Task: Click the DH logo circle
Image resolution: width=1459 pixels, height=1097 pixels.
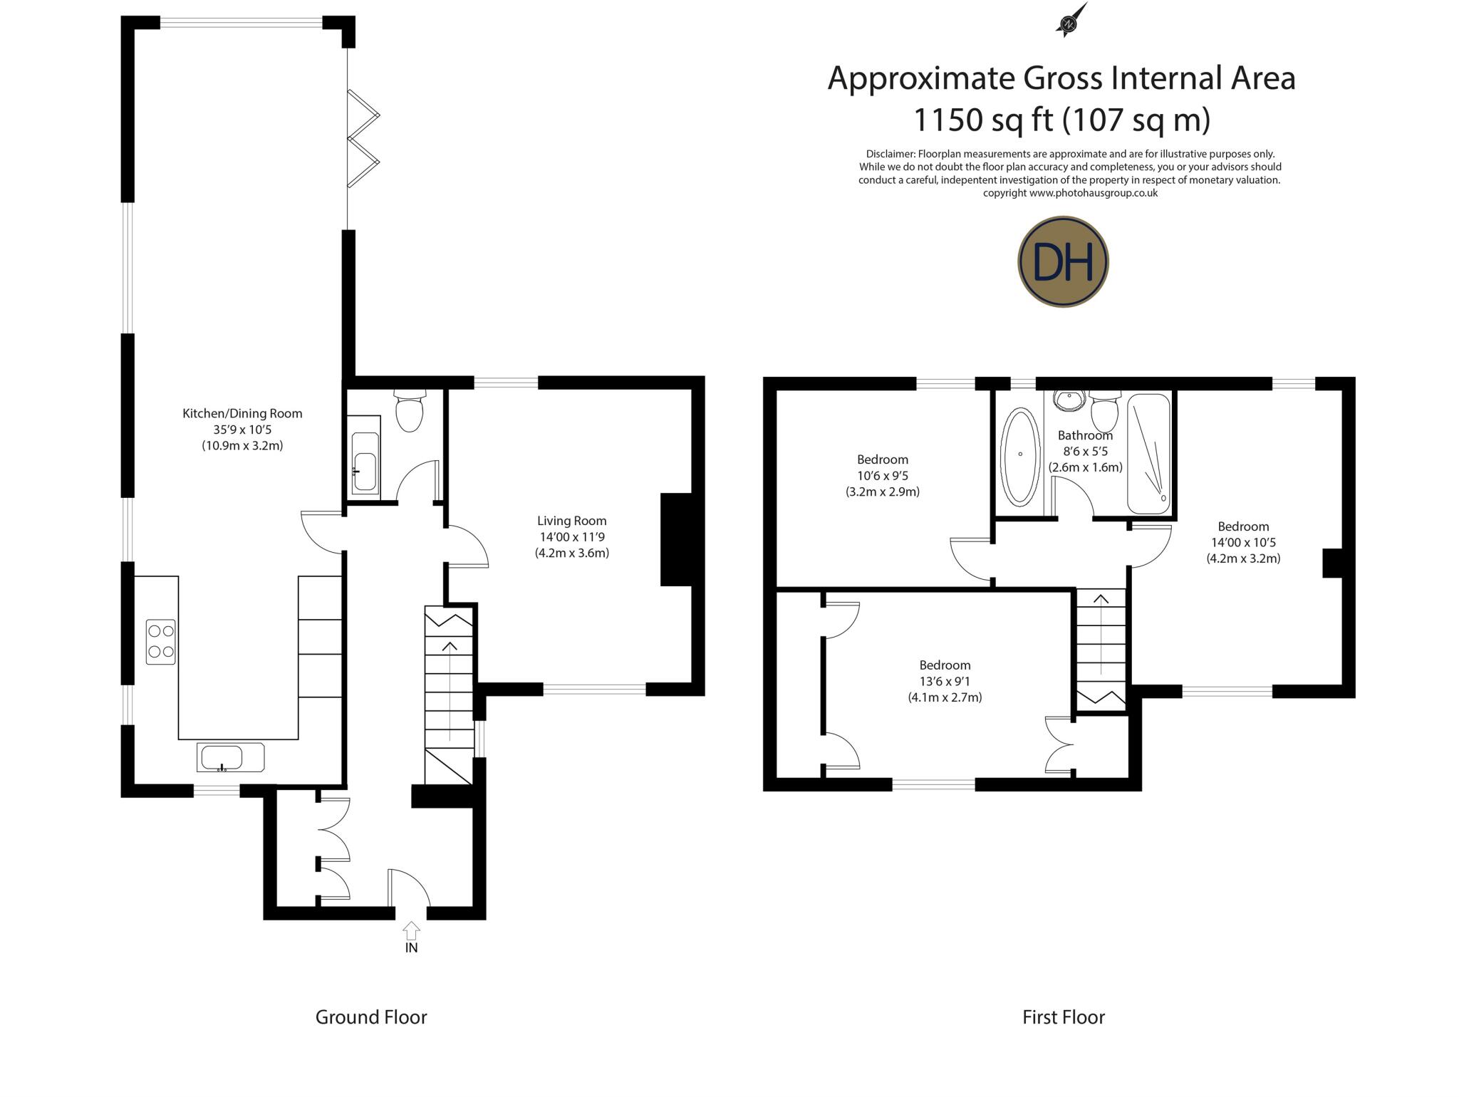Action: pyautogui.click(x=1063, y=262)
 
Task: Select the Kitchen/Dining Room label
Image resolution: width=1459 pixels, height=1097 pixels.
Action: pyautogui.click(x=242, y=413)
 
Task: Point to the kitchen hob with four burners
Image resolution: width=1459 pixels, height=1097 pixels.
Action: pyautogui.click(x=161, y=642)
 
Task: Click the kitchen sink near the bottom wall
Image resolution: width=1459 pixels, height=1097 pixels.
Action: pyautogui.click(x=230, y=757)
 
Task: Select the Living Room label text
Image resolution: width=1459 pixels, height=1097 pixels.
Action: pyautogui.click(x=571, y=521)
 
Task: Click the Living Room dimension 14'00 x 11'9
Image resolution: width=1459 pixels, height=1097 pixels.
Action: pyautogui.click(x=571, y=537)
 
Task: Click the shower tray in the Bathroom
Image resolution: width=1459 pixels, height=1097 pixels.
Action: pyautogui.click(x=1148, y=453)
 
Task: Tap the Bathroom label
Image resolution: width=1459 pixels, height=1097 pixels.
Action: pyautogui.click(x=1084, y=435)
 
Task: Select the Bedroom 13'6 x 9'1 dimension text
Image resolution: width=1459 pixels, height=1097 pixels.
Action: pyautogui.click(x=945, y=682)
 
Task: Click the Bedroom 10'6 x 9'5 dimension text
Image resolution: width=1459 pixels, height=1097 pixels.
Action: pyautogui.click(x=883, y=476)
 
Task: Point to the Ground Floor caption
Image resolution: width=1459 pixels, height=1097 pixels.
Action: pyautogui.click(x=371, y=1017)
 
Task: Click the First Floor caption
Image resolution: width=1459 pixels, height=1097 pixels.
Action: pyautogui.click(x=1063, y=1017)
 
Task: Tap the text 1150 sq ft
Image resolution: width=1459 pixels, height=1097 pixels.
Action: pyautogui.click(x=983, y=120)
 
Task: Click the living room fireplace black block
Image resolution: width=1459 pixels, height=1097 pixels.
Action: pyautogui.click(x=676, y=539)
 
